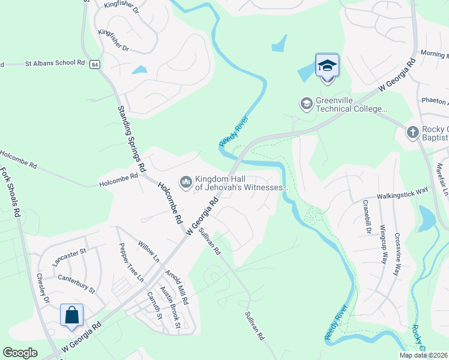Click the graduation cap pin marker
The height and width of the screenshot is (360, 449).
coord(327,65)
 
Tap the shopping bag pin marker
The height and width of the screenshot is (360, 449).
coord(71,316)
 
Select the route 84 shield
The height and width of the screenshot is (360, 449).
coord(94,64)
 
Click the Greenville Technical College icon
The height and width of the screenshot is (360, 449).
coord(307,104)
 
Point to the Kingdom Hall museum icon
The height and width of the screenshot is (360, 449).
coord(185,181)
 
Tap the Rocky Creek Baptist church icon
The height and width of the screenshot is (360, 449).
coord(412,132)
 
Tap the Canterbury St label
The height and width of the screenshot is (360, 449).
coord(76,284)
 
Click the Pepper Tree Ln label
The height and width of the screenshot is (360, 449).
coord(131,262)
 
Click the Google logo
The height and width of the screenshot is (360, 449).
coord(20,353)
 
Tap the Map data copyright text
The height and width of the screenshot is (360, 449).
coord(423,355)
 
